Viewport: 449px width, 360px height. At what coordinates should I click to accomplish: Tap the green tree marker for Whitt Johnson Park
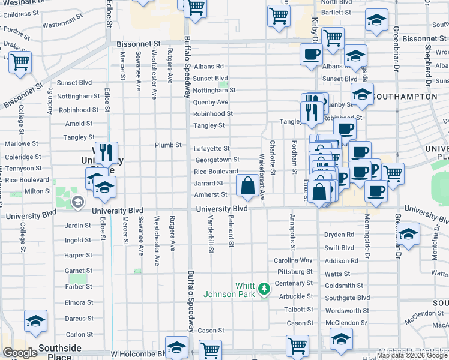click(x=263, y=290)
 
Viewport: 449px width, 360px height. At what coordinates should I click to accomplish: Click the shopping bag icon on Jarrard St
click(x=248, y=187)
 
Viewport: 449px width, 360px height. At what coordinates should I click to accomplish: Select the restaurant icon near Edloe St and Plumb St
click(x=106, y=152)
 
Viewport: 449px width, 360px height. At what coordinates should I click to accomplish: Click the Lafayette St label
click(x=211, y=148)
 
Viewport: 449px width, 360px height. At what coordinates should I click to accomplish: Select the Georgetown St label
click(x=217, y=160)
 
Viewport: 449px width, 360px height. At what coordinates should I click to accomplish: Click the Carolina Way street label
click(x=294, y=260)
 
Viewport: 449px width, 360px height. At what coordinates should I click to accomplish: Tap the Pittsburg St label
click(x=294, y=272)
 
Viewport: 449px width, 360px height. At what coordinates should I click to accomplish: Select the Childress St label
click(x=20, y=14)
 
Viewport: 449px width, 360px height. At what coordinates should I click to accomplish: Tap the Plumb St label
click(x=168, y=145)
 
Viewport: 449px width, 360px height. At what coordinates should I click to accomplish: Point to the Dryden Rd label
click(x=339, y=235)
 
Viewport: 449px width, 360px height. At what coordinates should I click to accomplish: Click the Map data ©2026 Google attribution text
click(x=412, y=355)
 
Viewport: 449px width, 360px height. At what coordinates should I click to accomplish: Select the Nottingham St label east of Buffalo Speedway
click(x=214, y=90)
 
